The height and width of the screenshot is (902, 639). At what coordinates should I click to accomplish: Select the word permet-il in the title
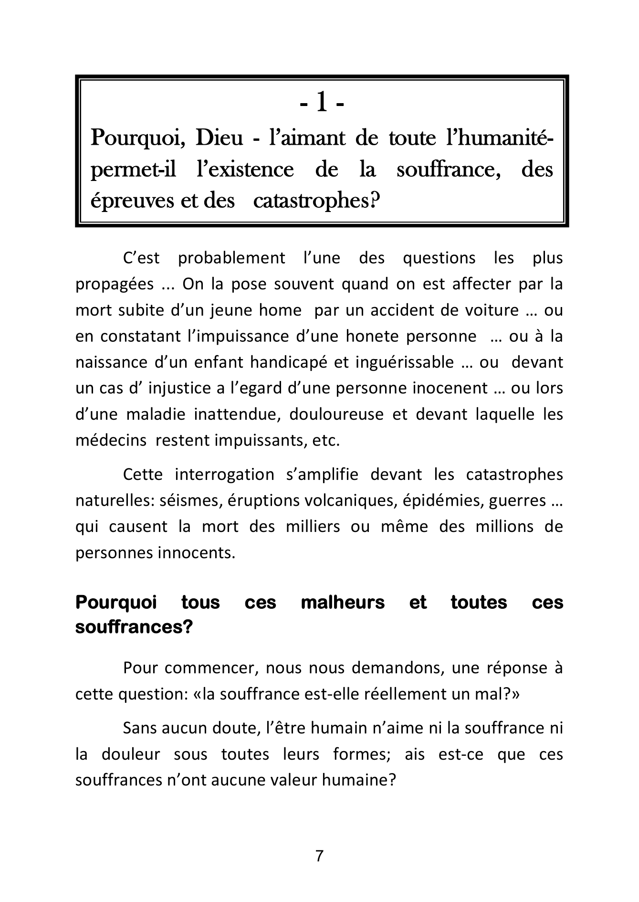tap(133, 170)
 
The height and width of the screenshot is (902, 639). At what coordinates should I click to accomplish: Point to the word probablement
tap(231, 258)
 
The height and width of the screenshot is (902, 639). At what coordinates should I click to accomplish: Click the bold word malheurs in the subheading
tap(343, 603)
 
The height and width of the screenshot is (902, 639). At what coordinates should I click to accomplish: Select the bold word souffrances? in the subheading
tap(134, 627)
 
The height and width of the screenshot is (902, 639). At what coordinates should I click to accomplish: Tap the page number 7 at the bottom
tap(320, 856)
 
